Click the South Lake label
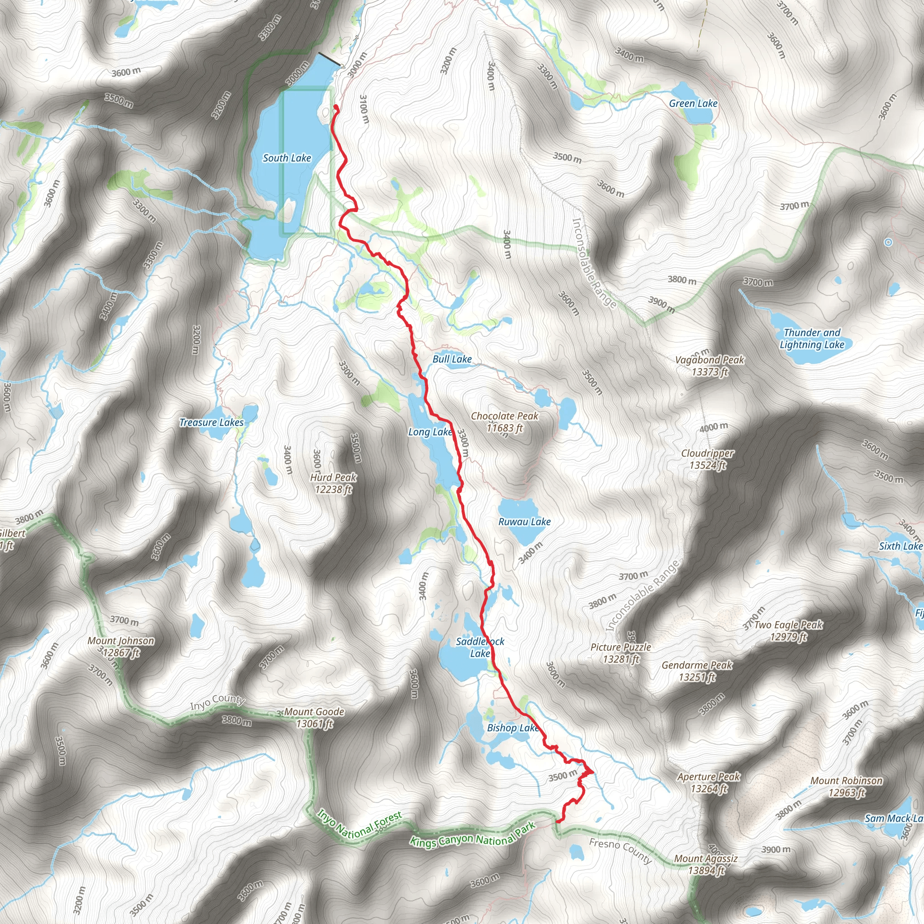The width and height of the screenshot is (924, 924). [x=287, y=158]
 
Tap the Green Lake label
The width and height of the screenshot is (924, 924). [x=693, y=104]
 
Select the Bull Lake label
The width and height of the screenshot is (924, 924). [x=452, y=359]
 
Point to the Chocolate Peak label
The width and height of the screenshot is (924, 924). [x=504, y=422]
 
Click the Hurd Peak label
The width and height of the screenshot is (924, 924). [x=333, y=483]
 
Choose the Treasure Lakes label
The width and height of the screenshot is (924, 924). [x=212, y=422]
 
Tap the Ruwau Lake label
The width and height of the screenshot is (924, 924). [x=525, y=522]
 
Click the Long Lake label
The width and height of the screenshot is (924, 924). [x=430, y=432]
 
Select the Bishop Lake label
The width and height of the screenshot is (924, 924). [x=513, y=728]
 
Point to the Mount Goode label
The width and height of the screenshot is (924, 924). [x=314, y=717]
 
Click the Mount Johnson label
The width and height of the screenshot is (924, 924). [x=121, y=647]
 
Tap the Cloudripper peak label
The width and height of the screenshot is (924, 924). [x=707, y=459]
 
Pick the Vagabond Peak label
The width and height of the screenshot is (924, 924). [x=710, y=366]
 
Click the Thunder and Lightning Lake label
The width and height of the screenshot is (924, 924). [x=812, y=339]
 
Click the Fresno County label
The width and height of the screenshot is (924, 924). [x=620, y=851]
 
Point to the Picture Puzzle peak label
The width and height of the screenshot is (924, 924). [x=621, y=653]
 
